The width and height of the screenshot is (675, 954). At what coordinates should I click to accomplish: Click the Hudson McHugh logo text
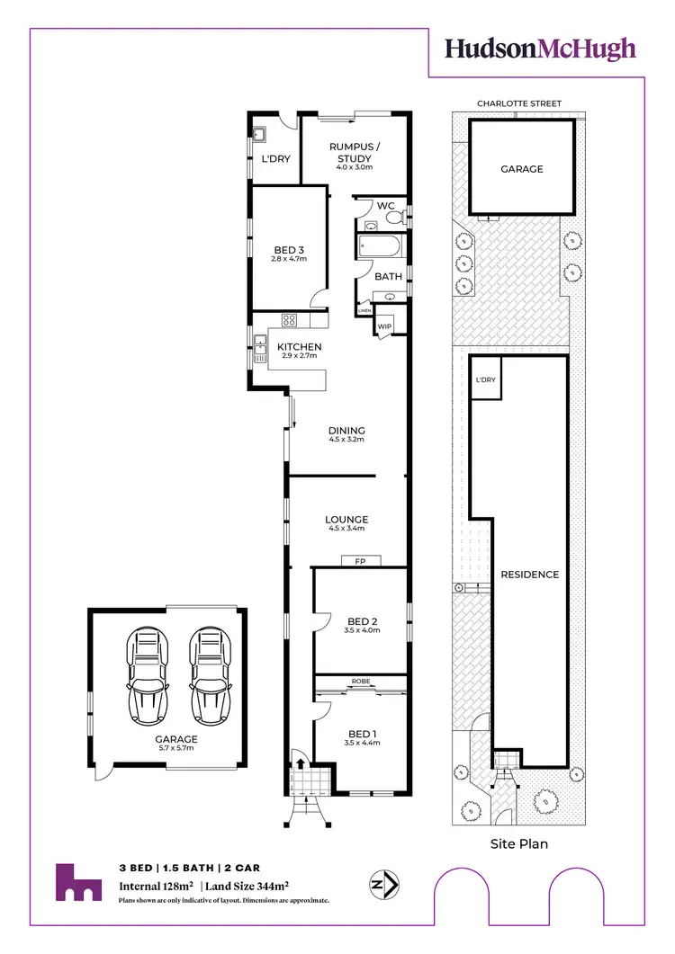pos(541,49)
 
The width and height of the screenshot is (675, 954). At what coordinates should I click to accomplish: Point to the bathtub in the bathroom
pos(381,246)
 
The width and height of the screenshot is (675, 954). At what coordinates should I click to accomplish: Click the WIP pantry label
pos(384,326)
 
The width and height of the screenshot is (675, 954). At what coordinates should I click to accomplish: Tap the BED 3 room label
pos(289,250)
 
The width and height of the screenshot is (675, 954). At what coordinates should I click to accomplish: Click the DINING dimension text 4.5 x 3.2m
pos(346,441)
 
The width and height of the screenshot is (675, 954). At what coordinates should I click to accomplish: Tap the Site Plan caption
pos(518,843)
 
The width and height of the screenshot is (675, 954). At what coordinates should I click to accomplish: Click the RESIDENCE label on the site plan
pos(530,575)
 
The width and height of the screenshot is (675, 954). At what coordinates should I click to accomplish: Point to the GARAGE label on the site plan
pos(522,169)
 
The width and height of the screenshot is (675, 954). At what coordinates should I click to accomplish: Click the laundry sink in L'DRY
pos(258,137)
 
